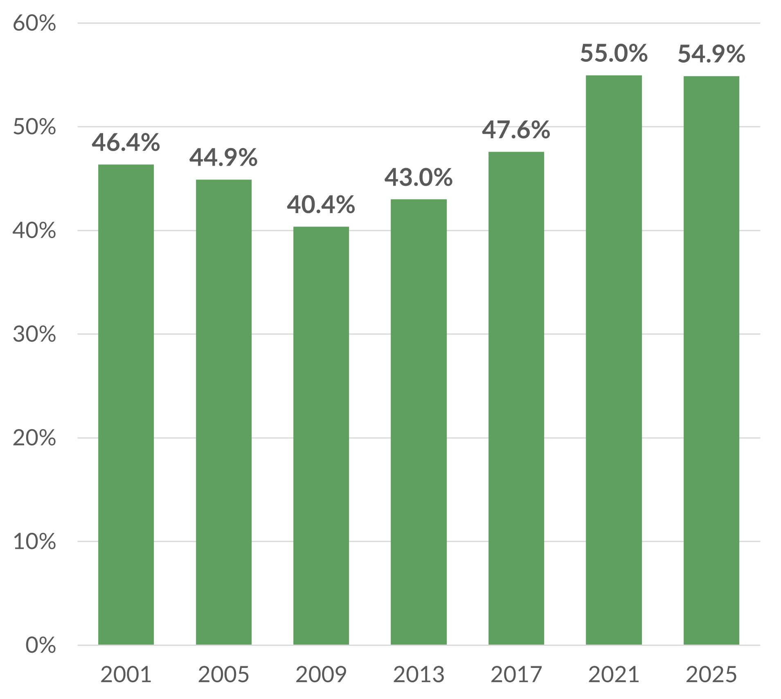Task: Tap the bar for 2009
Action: tap(321, 435)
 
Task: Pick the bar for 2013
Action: tap(418, 422)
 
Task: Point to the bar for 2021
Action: tap(613, 360)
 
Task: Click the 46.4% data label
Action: tap(126, 142)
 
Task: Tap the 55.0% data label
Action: tap(614, 53)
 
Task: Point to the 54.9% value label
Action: tap(711, 54)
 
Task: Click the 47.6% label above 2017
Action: tap(516, 130)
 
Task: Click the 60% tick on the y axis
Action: tap(34, 23)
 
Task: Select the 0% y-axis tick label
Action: tap(41, 645)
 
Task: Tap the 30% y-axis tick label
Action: tap(34, 334)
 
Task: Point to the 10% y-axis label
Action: tap(34, 542)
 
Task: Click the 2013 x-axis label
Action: tap(418, 674)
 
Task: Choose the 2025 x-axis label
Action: tap(711, 674)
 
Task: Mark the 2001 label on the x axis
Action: tap(126, 674)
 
